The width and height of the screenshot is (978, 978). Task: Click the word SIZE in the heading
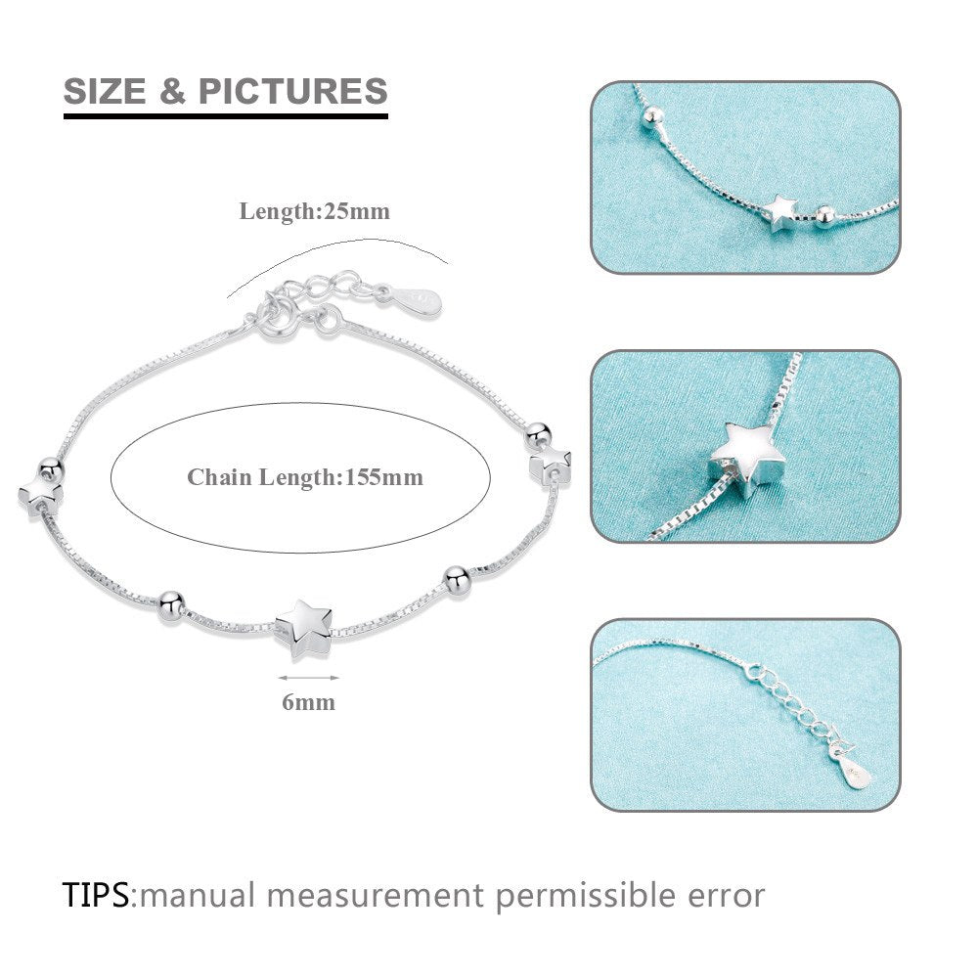[106, 92]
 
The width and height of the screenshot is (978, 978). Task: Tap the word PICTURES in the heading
[293, 92]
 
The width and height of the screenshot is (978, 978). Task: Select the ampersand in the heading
[172, 92]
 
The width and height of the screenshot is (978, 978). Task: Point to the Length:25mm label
[314, 211]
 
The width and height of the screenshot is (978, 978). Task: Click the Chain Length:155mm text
[305, 477]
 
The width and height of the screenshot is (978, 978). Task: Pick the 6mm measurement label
[308, 701]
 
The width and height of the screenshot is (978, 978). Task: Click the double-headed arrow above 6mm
[294, 677]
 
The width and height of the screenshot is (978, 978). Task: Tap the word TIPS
[96, 894]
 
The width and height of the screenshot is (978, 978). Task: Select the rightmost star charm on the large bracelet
[550, 463]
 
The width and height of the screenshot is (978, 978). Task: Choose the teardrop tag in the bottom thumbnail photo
[856, 772]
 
